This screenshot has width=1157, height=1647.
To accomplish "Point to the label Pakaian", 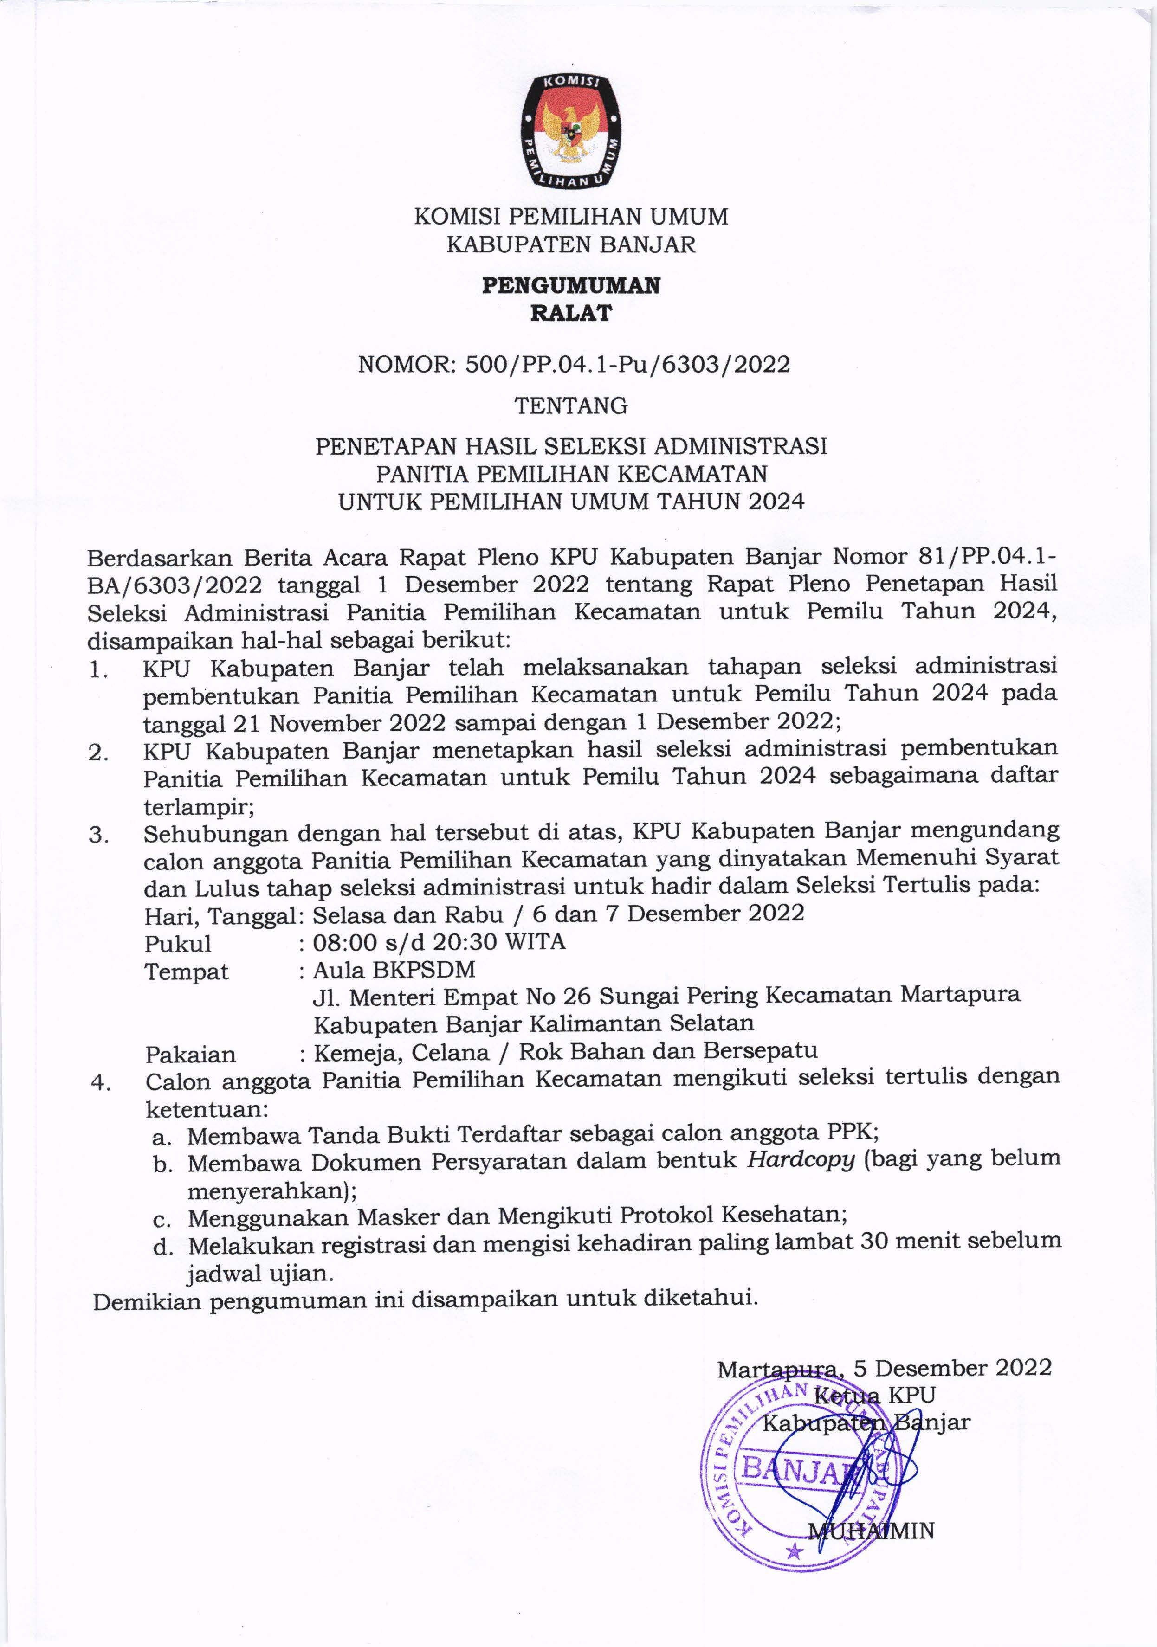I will point(190,1054).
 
